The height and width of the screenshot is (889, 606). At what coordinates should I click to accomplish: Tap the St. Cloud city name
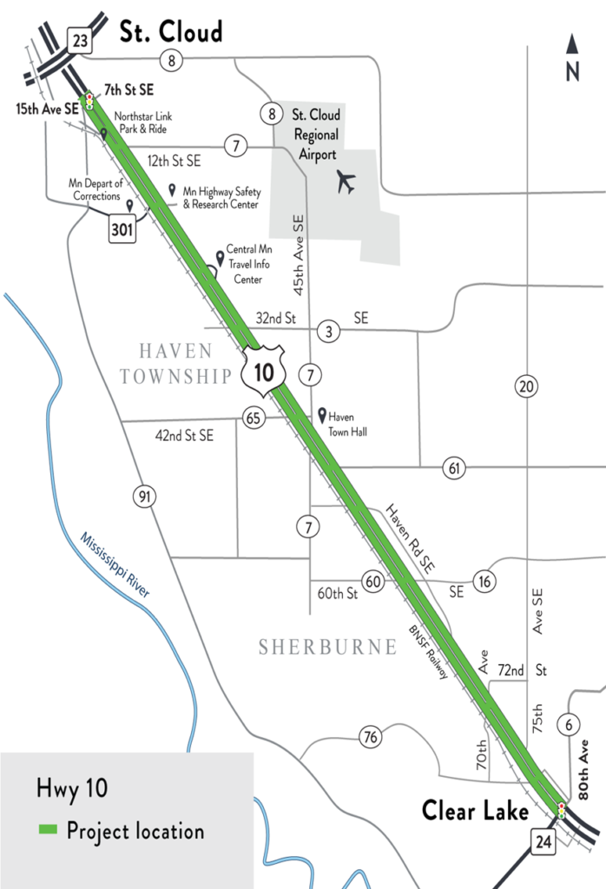(x=171, y=32)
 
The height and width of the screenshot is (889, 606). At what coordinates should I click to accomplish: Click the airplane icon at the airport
(x=346, y=182)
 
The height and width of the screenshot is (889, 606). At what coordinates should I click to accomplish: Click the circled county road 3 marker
(x=328, y=330)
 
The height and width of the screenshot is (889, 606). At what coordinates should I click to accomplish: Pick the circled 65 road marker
(x=254, y=418)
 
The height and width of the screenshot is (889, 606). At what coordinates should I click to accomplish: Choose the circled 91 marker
(x=144, y=497)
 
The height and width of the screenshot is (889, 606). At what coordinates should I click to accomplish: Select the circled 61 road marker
(x=453, y=468)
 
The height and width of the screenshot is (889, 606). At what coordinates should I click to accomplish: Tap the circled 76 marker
(x=371, y=738)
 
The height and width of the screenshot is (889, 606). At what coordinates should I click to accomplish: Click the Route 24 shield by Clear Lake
(x=544, y=841)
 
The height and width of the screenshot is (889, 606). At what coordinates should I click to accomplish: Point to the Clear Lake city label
(x=475, y=811)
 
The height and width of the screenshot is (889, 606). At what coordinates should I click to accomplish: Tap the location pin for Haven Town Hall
(x=322, y=416)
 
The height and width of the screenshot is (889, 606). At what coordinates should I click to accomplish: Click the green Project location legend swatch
(x=49, y=831)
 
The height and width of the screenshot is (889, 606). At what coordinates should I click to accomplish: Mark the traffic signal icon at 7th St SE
(x=89, y=100)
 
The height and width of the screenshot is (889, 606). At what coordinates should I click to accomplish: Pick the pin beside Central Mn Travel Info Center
(x=219, y=257)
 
